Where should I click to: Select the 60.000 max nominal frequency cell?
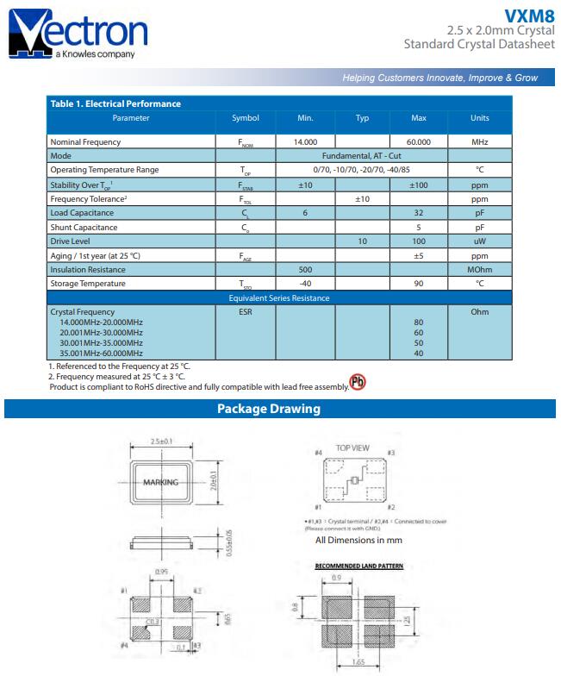point(419,141)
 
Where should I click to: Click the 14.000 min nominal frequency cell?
point(305,141)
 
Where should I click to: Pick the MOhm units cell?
point(479,270)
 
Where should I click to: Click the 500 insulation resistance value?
point(305,270)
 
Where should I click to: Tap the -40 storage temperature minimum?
point(305,284)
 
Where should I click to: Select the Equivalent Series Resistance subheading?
point(279,298)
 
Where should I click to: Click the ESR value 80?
point(419,322)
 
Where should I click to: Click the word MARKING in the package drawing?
point(160,483)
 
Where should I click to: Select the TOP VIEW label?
point(352,448)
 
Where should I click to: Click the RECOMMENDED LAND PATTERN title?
point(358,566)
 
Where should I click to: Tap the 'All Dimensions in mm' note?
point(358,541)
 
